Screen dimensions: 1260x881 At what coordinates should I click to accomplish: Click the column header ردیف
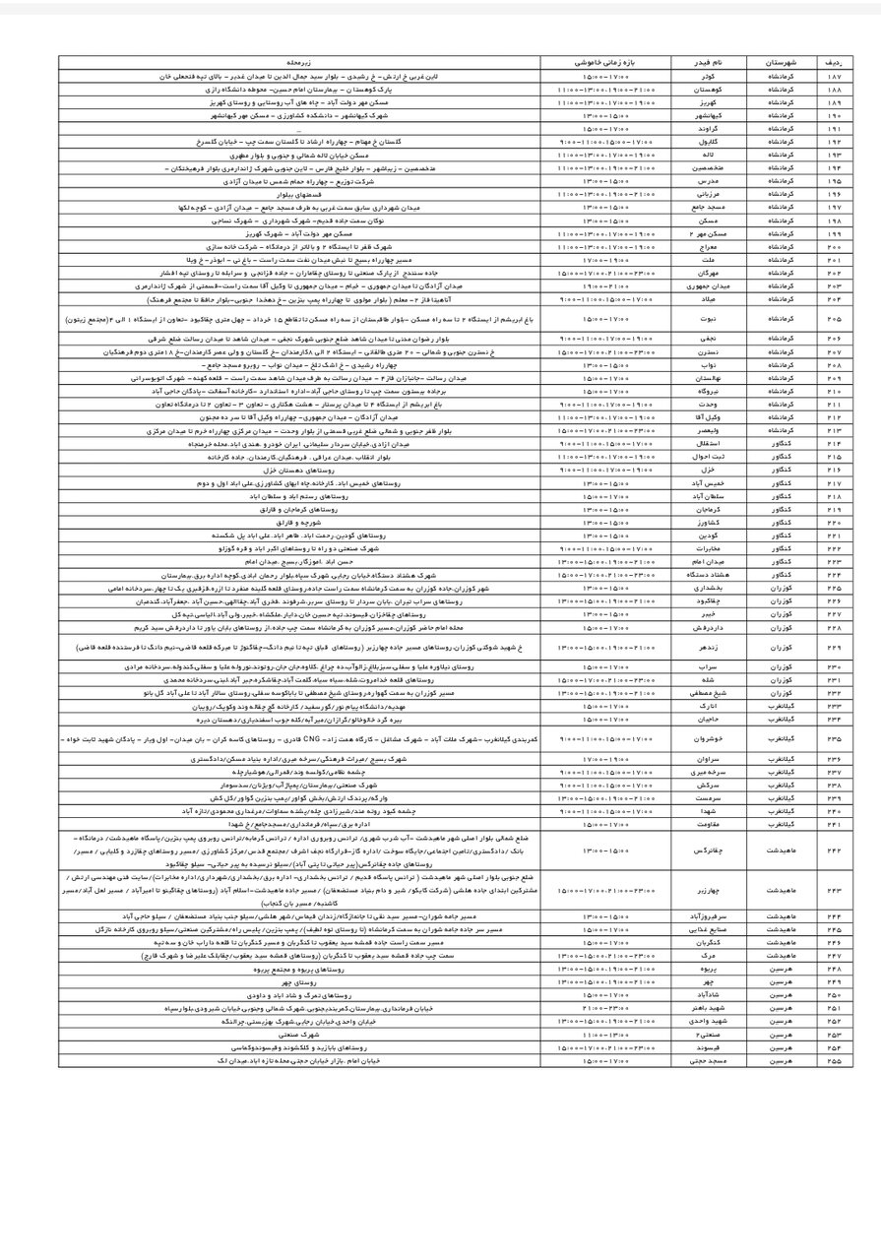click(836, 61)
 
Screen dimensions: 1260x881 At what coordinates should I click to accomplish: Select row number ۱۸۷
click(836, 75)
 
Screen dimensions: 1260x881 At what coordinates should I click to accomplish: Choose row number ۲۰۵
click(836, 319)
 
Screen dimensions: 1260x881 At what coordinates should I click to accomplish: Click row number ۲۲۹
click(836, 649)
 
